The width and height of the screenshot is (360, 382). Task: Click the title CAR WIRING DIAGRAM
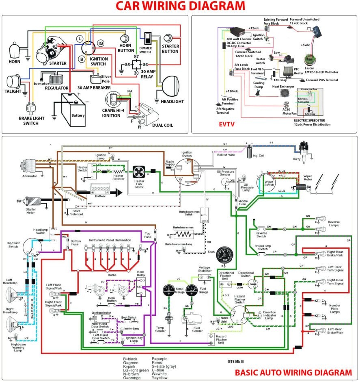pos(180,6)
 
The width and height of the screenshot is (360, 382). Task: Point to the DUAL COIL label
pos(162,125)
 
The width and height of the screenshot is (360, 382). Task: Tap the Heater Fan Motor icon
pos(140,172)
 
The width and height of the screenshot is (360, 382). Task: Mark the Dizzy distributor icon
pos(304,148)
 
